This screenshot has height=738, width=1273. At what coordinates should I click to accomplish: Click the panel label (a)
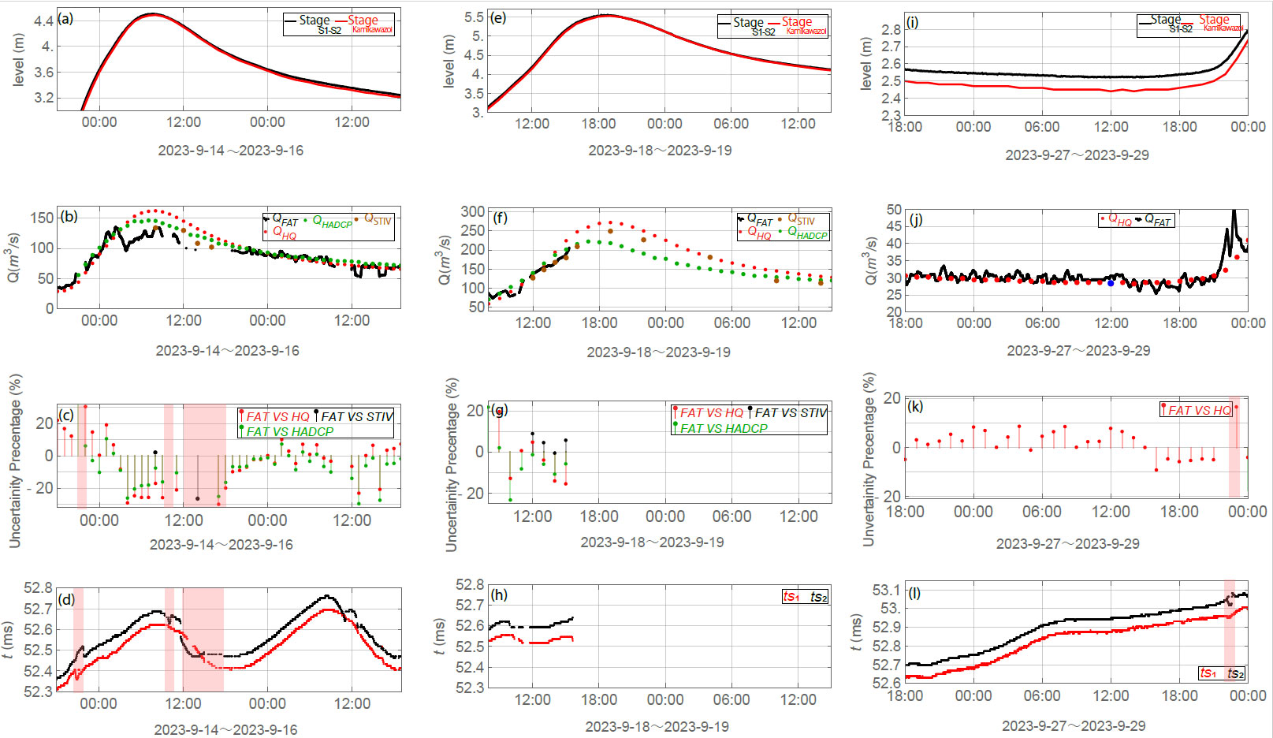click(65, 19)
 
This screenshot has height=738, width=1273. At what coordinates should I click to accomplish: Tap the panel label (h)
click(498, 594)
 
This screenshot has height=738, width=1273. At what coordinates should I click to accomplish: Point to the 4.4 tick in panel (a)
click(43, 21)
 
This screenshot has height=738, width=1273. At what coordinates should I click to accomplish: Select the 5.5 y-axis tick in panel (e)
click(474, 17)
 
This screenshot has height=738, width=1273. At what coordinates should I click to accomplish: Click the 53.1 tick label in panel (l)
click(886, 591)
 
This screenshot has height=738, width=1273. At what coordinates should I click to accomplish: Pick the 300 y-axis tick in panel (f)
click(473, 211)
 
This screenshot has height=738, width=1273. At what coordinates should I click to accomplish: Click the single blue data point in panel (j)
click(1111, 282)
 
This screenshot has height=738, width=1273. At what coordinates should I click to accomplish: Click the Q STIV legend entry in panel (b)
click(377, 219)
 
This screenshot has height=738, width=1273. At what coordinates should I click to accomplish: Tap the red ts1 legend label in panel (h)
click(791, 596)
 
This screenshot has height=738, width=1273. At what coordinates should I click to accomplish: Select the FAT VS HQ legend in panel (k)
click(1198, 410)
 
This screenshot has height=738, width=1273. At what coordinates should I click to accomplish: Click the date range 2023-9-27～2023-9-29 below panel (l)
click(1074, 725)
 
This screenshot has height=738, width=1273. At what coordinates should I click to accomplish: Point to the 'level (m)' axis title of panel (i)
click(866, 63)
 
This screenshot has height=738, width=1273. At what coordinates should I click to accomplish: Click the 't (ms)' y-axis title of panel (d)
click(8, 639)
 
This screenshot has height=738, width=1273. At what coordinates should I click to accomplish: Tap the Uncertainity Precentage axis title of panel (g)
click(451, 465)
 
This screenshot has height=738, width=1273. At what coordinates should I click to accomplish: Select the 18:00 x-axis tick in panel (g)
click(599, 516)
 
